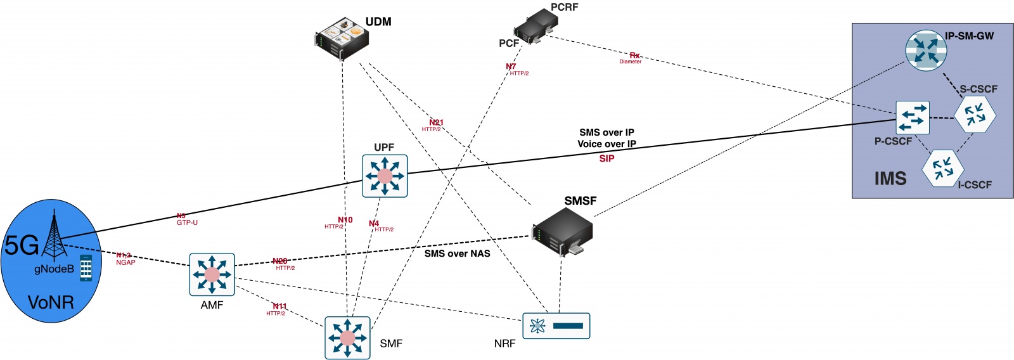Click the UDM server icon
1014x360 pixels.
click(x=342, y=38)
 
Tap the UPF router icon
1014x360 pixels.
click(x=385, y=176)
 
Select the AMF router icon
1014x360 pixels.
click(x=212, y=274)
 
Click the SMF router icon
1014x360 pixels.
click(x=347, y=338)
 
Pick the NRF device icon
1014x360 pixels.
click(x=556, y=326)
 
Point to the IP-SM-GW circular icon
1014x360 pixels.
click(x=925, y=49)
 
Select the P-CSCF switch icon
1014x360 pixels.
click(x=913, y=117)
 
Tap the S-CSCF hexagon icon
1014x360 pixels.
click(x=975, y=115)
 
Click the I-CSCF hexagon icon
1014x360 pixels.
click(x=943, y=169)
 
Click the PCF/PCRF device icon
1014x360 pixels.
click(x=536, y=27)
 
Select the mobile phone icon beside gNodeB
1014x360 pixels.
click(x=86, y=267)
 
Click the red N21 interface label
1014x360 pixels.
click(x=436, y=122)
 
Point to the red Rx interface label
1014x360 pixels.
click(x=634, y=56)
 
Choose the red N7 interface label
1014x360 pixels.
click(x=511, y=67)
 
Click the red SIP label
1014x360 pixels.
click(x=606, y=158)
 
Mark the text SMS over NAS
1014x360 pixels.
click(x=457, y=254)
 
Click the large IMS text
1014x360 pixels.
click(x=890, y=179)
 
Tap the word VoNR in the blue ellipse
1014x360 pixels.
click(x=51, y=302)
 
